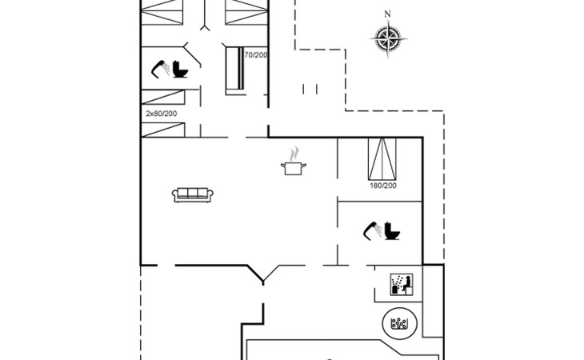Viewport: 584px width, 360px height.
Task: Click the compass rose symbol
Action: click(x=388, y=38)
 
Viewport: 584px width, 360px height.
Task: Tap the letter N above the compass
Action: click(x=387, y=14)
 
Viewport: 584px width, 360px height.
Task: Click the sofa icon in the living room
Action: click(x=193, y=194)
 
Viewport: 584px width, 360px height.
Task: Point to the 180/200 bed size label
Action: click(x=383, y=186)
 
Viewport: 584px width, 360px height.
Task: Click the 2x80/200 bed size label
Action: click(x=162, y=114)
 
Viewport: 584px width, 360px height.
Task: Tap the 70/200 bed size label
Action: click(x=256, y=55)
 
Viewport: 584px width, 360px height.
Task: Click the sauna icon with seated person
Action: click(x=402, y=285)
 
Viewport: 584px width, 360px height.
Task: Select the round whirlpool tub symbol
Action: click(x=400, y=323)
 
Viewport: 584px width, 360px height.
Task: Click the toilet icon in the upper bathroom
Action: click(x=180, y=70)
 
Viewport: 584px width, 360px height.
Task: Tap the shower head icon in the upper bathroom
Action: click(x=160, y=70)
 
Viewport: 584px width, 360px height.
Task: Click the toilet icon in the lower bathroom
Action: click(x=392, y=231)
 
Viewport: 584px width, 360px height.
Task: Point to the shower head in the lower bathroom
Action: click(x=373, y=231)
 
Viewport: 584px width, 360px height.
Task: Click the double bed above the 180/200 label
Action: click(x=382, y=159)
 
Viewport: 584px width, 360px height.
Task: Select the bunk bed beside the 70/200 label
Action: click(x=235, y=69)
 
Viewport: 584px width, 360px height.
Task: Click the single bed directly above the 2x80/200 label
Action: click(x=163, y=97)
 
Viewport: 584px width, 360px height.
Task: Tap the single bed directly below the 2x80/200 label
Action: click(x=163, y=130)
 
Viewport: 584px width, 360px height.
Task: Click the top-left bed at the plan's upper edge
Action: click(x=162, y=12)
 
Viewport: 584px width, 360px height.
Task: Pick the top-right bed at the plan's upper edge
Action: click(x=246, y=12)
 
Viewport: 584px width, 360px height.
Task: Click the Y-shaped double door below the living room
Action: click(x=263, y=274)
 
